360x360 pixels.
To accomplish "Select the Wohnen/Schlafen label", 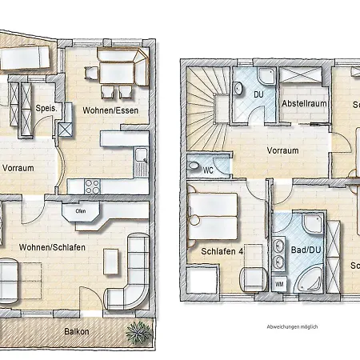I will point(53,247).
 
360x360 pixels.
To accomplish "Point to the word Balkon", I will point(77,331).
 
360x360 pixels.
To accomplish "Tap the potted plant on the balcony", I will point(139,330).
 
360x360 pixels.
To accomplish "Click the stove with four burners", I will point(91,186).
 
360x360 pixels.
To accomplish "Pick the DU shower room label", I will point(258,94).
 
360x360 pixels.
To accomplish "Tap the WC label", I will point(207,170).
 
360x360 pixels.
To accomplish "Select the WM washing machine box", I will point(280,283).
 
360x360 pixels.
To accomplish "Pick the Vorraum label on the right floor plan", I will point(283,150).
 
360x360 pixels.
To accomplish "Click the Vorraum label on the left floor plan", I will point(18,168).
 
